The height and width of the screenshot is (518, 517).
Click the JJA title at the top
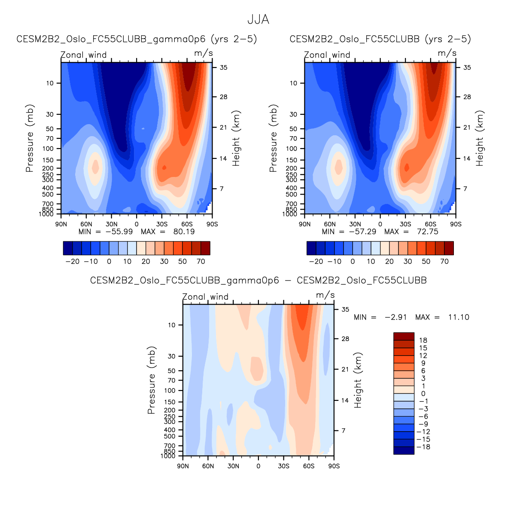(x=258, y=20)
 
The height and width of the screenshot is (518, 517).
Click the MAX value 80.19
(x=184, y=232)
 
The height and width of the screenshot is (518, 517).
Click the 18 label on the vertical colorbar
(x=423, y=340)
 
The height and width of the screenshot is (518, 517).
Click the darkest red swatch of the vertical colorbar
(x=404, y=336)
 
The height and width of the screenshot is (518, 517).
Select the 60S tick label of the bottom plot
(x=309, y=466)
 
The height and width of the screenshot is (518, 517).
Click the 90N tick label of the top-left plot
(x=61, y=224)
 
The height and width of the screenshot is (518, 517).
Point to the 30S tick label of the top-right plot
(x=405, y=224)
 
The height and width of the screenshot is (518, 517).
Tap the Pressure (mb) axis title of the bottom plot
(x=151, y=380)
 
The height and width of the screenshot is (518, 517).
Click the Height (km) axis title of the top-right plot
(x=480, y=138)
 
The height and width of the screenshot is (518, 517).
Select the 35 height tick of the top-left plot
(x=224, y=67)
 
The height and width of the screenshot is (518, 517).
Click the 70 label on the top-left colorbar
(x=201, y=261)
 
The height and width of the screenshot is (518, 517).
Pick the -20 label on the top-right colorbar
(x=316, y=261)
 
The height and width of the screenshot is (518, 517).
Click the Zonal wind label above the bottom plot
(x=205, y=297)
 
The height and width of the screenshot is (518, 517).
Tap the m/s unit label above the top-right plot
(x=447, y=53)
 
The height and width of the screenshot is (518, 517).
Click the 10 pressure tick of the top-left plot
(x=50, y=83)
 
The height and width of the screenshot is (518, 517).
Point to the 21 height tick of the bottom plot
(x=345, y=369)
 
